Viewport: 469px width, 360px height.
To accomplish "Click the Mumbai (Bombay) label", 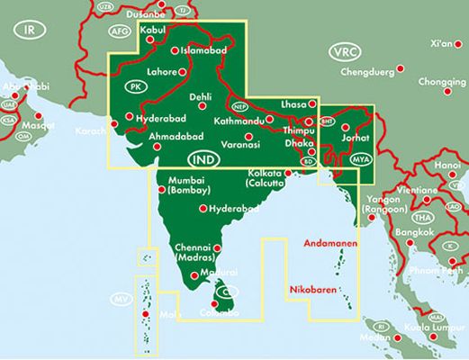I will pos(188,185).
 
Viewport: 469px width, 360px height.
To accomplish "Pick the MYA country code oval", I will pos(361,157).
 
